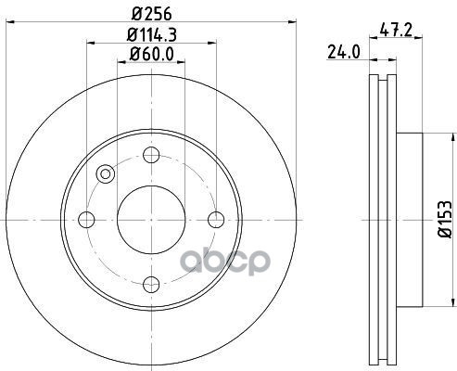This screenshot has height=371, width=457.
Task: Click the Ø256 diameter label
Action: [151, 14]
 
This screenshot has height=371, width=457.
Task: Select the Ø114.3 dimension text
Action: [151, 35]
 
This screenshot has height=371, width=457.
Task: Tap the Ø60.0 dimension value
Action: [151, 54]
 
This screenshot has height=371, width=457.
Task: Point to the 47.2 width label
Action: [396, 30]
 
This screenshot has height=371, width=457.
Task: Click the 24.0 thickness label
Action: [344, 52]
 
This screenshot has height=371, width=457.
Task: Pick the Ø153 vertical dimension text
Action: [445, 219]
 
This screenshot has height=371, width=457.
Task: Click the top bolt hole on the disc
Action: [151, 155]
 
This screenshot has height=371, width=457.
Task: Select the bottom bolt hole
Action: [151, 285]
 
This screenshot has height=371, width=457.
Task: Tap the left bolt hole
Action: [86, 220]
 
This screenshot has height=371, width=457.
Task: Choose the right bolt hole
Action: [216, 220]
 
